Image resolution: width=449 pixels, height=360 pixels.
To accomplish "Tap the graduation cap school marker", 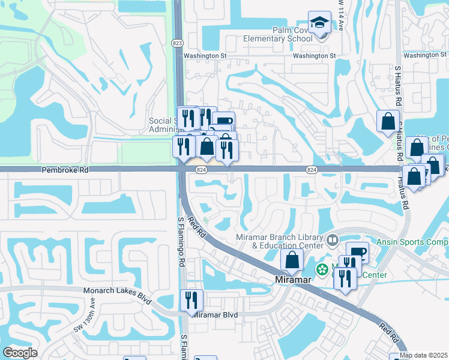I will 319,24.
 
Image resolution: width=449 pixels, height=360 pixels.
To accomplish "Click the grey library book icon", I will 333,241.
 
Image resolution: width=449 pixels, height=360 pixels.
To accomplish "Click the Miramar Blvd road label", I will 216,315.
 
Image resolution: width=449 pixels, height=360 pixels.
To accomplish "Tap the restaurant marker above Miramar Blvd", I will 191,299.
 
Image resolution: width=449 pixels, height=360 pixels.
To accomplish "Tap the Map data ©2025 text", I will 424,355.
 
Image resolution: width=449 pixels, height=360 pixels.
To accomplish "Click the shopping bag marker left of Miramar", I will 292,259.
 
